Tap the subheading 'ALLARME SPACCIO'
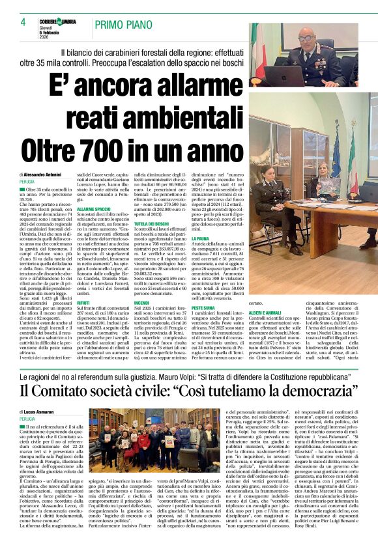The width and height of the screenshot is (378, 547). pos(92,210)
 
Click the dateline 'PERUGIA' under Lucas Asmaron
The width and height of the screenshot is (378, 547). pos(27,419)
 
